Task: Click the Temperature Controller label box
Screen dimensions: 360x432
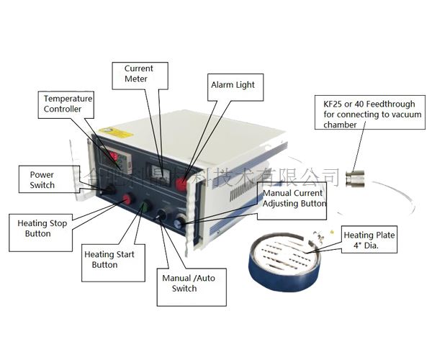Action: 68,103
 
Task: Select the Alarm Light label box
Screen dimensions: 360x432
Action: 232,85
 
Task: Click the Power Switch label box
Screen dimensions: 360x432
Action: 42,180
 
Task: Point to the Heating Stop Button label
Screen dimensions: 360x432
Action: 42,228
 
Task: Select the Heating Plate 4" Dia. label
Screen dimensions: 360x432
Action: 369,240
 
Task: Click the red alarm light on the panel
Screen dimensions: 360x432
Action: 181,184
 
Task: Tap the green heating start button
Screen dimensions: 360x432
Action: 143,207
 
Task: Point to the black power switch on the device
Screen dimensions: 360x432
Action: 109,189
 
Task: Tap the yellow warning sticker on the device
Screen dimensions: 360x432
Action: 115,132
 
